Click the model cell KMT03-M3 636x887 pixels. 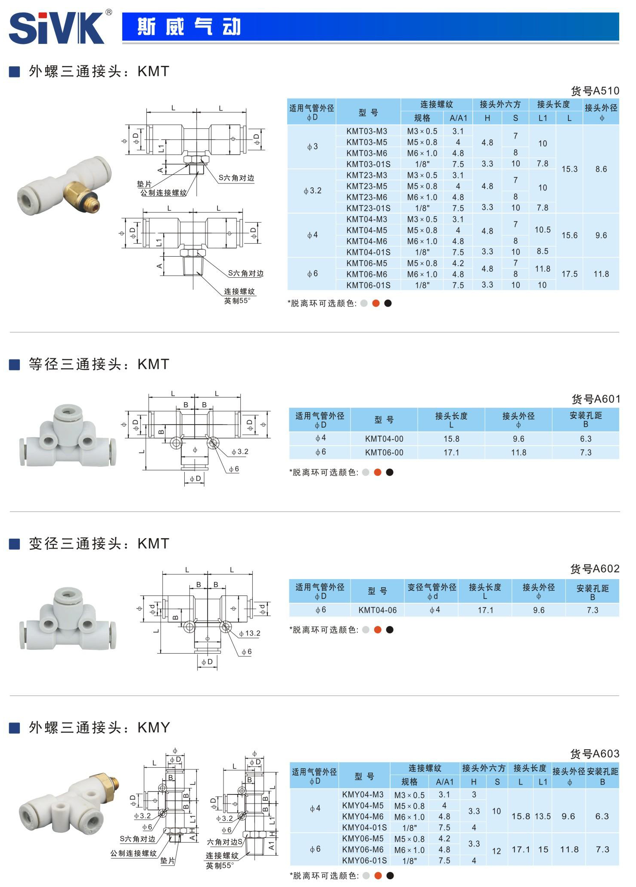click(366, 131)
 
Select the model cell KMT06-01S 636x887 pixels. click(368, 285)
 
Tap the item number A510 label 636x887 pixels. click(595, 91)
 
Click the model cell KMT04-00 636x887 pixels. click(384, 439)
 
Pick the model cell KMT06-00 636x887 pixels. click(384, 453)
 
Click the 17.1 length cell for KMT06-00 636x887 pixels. click(451, 453)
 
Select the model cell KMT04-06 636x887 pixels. click(377, 610)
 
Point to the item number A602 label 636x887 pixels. click(595, 569)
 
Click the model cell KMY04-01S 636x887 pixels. click(364, 828)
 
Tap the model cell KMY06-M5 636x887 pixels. click(363, 839)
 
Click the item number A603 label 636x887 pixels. click(595, 754)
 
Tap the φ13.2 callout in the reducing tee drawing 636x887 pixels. click(250, 633)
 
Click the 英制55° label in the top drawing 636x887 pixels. click(237, 301)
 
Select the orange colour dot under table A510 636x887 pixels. click(376, 304)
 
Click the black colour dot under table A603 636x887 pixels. click(390, 875)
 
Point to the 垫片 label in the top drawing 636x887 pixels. click(144, 184)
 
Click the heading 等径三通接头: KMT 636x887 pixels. click(99, 364)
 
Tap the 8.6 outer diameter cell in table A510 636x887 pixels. click(601, 169)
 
